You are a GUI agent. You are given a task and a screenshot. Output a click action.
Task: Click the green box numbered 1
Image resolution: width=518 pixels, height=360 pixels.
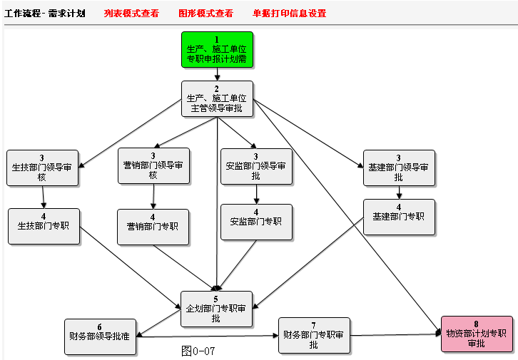click(217, 50)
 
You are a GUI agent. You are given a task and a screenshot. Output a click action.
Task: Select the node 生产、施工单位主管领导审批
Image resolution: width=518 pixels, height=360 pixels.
click(217, 98)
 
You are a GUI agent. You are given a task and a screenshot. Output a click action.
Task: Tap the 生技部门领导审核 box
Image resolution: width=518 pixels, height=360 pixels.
click(42, 168)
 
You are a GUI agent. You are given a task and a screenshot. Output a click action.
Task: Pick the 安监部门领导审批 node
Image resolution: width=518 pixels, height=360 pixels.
click(256, 166)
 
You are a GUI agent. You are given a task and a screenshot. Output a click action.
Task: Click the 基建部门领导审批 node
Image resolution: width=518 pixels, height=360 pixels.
click(399, 168)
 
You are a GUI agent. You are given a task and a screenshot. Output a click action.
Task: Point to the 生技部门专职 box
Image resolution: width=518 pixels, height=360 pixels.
click(44, 225)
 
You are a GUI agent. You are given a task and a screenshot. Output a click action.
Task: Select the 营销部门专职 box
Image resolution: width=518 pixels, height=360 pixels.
click(153, 226)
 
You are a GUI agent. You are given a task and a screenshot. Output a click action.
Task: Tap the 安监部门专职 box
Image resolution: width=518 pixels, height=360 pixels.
click(256, 222)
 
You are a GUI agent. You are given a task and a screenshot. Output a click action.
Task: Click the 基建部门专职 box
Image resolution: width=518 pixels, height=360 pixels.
click(399, 217)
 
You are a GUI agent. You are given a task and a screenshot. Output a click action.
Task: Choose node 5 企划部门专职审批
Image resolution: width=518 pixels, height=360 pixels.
click(216, 309)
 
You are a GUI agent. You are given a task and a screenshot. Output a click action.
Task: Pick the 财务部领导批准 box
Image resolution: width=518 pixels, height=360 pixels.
click(99, 336)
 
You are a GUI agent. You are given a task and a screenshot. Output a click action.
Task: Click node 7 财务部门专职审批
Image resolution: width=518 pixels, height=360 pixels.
click(314, 335)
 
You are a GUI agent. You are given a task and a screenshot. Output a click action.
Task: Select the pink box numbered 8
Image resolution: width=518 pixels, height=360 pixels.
click(476, 334)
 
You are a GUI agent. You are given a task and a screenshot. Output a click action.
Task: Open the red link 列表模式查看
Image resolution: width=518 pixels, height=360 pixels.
click(131, 13)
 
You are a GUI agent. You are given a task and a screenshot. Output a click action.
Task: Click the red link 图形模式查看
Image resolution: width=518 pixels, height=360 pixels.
click(205, 13)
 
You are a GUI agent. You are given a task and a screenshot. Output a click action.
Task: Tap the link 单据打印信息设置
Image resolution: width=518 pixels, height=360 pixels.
click(289, 13)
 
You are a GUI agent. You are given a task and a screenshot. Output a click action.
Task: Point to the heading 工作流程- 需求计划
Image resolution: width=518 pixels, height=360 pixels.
click(44, 13)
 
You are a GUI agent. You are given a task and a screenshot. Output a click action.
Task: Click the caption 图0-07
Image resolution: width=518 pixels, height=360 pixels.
click(198, 351)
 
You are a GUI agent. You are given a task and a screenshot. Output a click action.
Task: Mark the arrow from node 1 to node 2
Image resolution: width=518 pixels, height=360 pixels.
click(217, 74)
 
